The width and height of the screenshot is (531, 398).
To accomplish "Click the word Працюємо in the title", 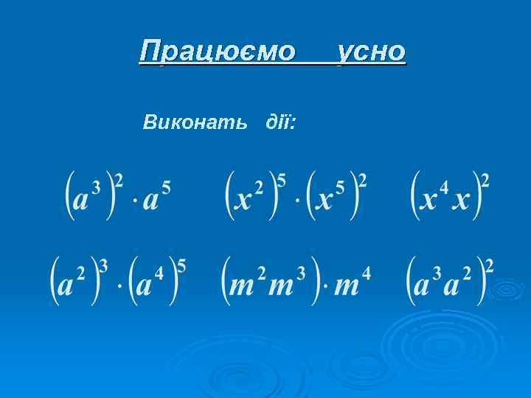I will coord(217,52).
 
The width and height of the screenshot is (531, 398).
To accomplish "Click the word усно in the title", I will coord(371,52).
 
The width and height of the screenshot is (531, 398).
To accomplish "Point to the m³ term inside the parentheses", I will coord(288,282).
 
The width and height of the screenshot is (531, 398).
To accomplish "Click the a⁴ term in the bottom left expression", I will coord(151,282).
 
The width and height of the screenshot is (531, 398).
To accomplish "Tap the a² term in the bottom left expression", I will coord(72,282).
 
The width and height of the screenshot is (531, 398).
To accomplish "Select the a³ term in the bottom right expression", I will coord(428,282).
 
